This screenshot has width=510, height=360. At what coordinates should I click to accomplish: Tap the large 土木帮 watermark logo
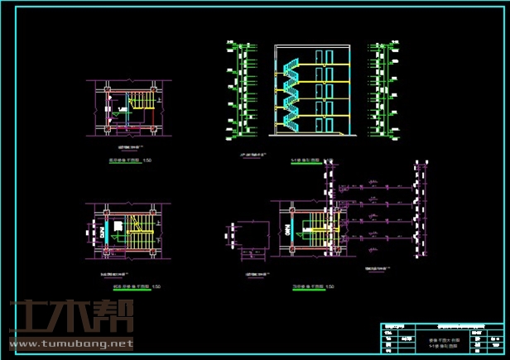(x=70, y=317)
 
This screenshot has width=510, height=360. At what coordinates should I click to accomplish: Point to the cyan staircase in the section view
(x=290, y=95)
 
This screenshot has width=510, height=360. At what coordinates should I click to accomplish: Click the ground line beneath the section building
(x=310, y=134)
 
